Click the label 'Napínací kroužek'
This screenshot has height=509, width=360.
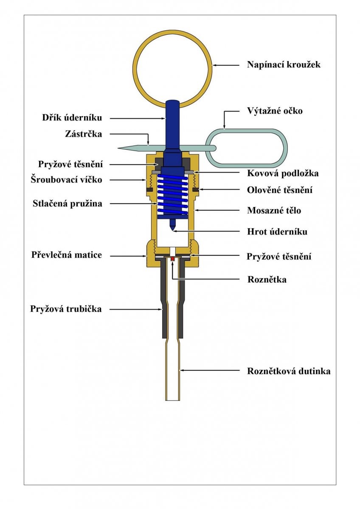coord(284,64)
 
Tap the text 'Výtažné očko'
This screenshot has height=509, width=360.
coord(275,111)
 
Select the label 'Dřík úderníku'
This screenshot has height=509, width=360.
coord(72,118)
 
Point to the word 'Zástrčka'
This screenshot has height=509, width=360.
coord(84,134)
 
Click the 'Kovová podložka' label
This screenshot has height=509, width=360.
coord(283,173)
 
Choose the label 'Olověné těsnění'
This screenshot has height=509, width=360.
coord(280,190)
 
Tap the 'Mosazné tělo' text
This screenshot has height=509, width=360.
coord(274,210)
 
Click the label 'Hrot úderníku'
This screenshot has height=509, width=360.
coord(277,232)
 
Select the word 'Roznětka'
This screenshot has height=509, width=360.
coord(267,280)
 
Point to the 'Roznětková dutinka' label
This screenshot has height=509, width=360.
coord(289,371)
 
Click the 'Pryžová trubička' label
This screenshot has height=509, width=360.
coord(66,309)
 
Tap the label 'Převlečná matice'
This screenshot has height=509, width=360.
coord(67,255)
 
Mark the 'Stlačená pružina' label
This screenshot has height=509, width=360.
coord(67,204)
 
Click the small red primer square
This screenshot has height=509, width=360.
coord(173,259)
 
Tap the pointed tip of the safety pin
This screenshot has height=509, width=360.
coord(118,148)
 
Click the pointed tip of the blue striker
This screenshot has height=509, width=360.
coord(173,230)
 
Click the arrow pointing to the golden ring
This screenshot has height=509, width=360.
coord(225,65)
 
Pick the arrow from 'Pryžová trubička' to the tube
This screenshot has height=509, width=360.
coord(136,309)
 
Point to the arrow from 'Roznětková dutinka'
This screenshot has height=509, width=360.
coord(210,370)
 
